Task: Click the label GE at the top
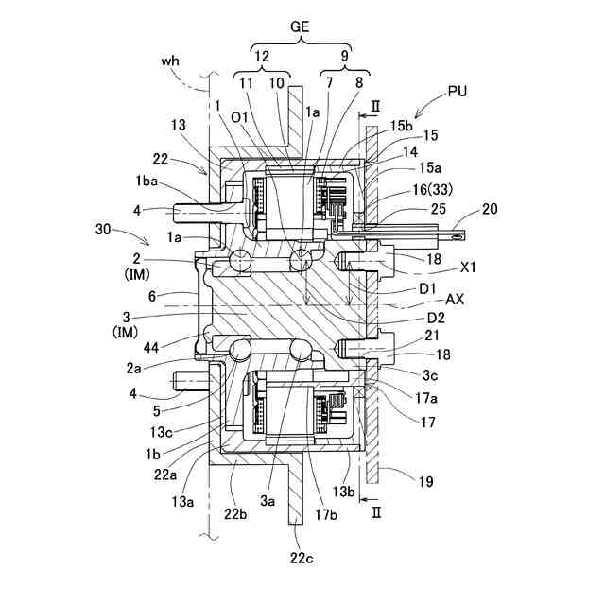(x=301, y=29)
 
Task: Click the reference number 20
(x=490, y=209)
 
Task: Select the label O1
(x=237, y=117)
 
